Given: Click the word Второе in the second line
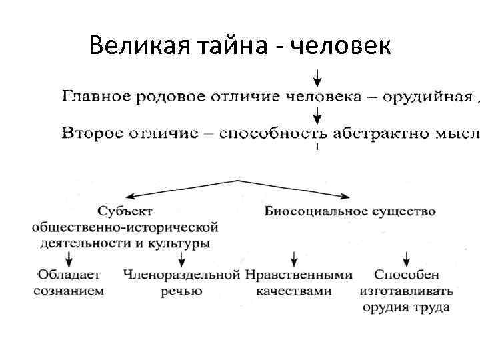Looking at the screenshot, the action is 93,133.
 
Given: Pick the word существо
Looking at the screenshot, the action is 404,212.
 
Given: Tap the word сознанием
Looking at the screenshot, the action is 69,291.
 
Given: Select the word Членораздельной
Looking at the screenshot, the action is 181,275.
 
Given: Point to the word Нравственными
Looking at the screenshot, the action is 297,275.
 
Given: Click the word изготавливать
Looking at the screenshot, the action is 406,291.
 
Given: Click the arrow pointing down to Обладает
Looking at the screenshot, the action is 67,259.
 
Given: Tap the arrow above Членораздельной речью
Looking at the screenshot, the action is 181,259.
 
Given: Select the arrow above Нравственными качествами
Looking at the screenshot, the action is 293,259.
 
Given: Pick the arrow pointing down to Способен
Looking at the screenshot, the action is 406,259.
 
